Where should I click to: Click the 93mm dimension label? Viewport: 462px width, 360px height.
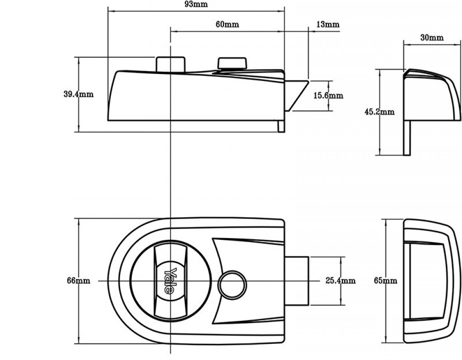tap(196, 4)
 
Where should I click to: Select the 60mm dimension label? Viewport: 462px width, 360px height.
tap(227, 24)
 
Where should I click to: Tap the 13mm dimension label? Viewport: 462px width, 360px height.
tap(328, 24)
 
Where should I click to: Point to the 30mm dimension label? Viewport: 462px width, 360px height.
tap(432, 38)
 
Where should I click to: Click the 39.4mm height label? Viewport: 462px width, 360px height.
tap(79, 94)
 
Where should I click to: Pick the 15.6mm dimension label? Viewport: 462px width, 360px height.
tap(328, 96)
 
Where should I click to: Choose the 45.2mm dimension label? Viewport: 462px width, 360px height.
tap(379, 112)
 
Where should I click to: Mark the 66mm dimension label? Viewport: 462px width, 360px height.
tap(79, 281)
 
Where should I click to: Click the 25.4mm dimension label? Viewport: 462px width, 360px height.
tap(340, 281)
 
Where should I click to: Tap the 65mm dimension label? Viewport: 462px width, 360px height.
tap(385, 281)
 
